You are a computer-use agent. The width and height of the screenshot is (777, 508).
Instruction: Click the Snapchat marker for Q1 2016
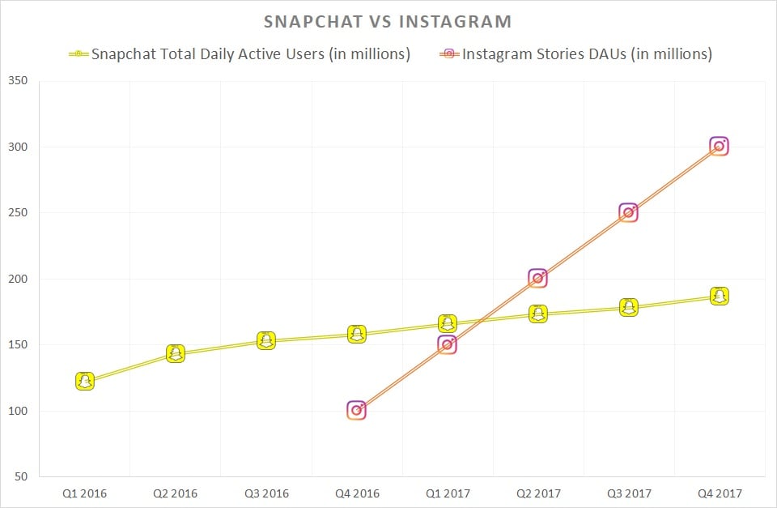coord(85,381)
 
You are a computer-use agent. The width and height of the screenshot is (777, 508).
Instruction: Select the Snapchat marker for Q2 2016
coord(176,353)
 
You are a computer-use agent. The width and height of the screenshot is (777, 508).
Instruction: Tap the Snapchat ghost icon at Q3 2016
coord(266,340)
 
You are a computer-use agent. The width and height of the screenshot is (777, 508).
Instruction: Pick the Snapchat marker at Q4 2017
coord(719,296)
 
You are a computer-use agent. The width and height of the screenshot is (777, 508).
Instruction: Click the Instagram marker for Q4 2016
coord(356,410)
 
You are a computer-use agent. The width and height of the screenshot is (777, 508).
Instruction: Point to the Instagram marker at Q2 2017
coord(537,278)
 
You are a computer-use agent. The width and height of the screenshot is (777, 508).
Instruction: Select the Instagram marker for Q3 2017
coord(628,212)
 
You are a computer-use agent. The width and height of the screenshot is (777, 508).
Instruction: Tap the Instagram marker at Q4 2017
coord(719,146)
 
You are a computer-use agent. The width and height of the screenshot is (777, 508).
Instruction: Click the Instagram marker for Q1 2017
coord(447,344)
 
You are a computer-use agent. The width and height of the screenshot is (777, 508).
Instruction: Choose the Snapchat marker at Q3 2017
coord(628,307)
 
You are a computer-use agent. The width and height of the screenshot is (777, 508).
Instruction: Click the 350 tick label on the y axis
coord(17,81)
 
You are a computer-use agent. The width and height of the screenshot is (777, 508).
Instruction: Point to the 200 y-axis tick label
coord(17,279)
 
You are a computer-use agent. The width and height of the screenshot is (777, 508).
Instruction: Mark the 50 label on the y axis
coord(20,477)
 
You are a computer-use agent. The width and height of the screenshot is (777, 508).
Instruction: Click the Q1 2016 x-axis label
coord(85,492)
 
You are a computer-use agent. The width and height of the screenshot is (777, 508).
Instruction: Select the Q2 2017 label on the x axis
coord(537,492)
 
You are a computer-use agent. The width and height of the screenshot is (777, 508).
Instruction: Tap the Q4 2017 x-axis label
coord(719,492)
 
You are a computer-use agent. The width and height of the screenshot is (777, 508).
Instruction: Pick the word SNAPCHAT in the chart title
coord(314,20)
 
